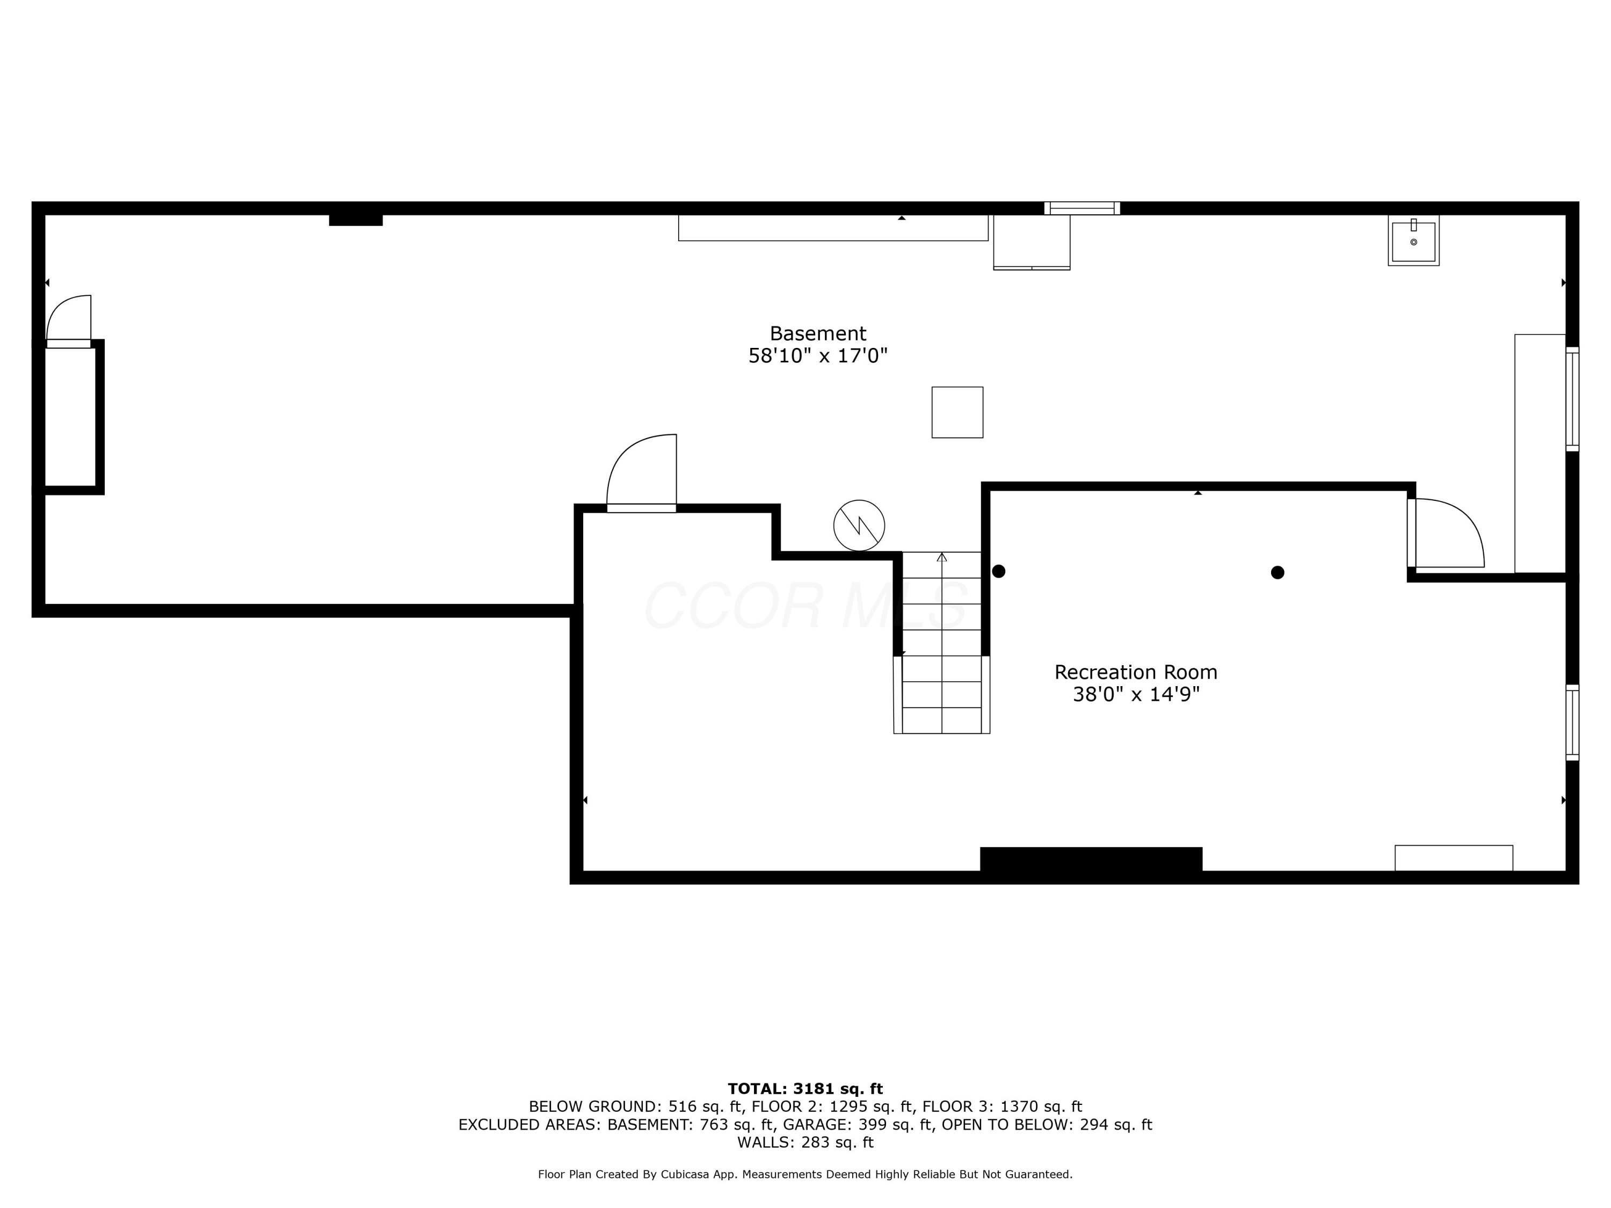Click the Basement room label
pyautogui.click(x=817, y=333)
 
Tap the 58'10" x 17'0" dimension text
pyautogui.click(x=817, y=356)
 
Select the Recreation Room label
pyautogui.click(x=1135, y=672)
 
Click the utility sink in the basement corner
pyautogui.click(x=1413, y=241)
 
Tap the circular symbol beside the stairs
pyautogui.click(x=859, y=525)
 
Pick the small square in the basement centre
pyautogui.click(x=957, y=412)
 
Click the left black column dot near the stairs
pyautogui.click(x=998, y=572)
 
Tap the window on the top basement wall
pyautogui.click(x=1082, y=208)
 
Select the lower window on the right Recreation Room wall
pyautogui.click(x=1572, y=722)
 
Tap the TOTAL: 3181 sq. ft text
pyautogui.click(x=805, y=1089)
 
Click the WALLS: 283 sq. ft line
pyautogui.click(x=805, y=1142)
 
